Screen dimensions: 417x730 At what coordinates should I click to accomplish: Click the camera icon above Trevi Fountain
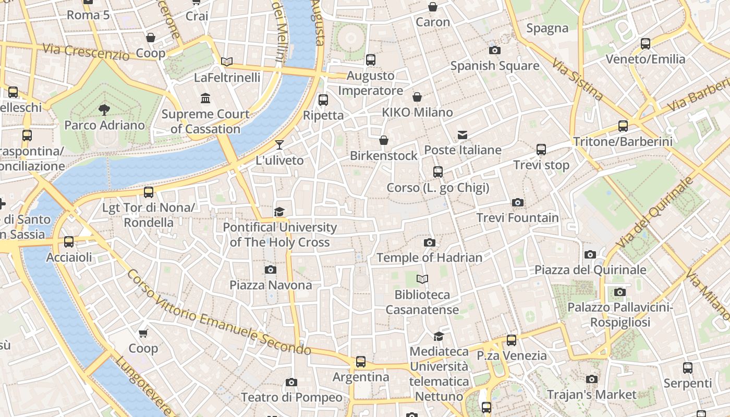pyautogui.click(x=517, y=202)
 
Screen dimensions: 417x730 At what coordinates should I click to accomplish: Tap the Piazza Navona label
pyautogui.click(x=271, y=285)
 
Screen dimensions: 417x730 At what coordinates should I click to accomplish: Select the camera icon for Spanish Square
pyautogui.click(x=494, y=50)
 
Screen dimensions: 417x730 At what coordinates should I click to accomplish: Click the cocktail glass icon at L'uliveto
pyautogui.click(x=279, y=144)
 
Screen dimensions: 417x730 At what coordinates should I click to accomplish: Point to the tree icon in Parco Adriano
pyautogui.click(x=104, y=109)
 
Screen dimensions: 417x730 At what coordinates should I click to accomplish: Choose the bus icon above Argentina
pyautogui.click(x=360, y=361)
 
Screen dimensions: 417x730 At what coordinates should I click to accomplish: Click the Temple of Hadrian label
pyautogui.click(x=429, y=257)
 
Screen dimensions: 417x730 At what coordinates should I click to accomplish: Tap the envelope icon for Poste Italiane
pyautogui.click(x=462, y=135)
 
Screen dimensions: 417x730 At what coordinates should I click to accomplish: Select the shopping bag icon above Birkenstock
pyautogui.click(x=384, y=140)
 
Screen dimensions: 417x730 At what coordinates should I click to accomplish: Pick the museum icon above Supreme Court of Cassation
pyautogui.click(x=205, y=98)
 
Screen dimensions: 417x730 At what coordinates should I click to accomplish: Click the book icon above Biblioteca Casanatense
pyautogui.click(x=422, y=279)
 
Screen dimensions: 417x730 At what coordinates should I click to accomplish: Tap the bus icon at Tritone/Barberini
pyautogui.click(x=623, y=126)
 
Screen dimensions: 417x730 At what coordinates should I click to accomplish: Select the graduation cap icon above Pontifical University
pyautogui.click(x=279, y=212)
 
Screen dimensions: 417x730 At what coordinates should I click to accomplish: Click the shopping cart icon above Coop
pyautogui.click(x=143, y=333)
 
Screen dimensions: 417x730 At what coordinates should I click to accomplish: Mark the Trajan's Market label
pyautogui.click(x=591, y=395)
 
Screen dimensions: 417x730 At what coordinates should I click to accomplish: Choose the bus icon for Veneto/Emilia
pyautogui.click(x=646, y=43)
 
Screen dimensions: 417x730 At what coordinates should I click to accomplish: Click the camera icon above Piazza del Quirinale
pyautogui.click(x=590, y=254)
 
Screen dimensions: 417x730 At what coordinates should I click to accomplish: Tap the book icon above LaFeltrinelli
pyautogui.click(x=227, y=62)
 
